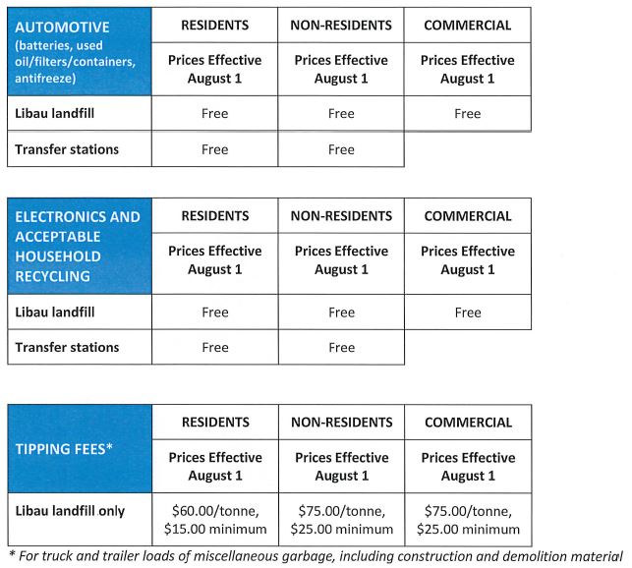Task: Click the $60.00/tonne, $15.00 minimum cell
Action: tap(214, 519)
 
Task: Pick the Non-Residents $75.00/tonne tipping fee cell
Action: tap(341, 519)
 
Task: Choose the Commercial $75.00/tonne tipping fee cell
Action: tap(468, 519)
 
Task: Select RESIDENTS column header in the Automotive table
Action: tap(214, 25)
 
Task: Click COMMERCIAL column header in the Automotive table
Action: tap(468, 25)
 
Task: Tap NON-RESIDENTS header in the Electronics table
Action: tap(341, 216)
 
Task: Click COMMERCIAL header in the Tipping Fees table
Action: tap(468, 423)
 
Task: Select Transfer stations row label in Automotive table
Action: tap(65, 149)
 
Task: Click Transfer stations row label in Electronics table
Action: tap(65, 347)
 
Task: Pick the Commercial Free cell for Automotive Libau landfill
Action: tap(468, 113)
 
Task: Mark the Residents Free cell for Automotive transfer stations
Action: tap(214, 149)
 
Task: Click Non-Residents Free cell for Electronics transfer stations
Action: tap(341, 347)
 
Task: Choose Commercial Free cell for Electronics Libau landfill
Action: tap(468, 312)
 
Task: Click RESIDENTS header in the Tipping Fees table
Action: tap(214, 423)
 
